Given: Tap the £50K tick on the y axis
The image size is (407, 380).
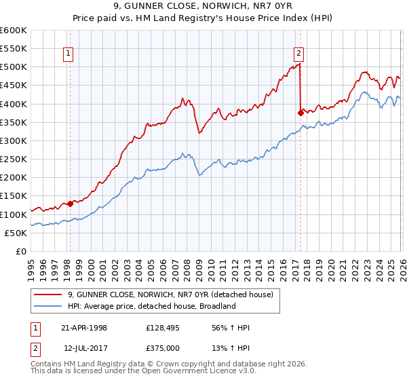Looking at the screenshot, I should tap(15, 233).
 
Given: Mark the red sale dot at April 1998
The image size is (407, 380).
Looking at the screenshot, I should tap(70, 203).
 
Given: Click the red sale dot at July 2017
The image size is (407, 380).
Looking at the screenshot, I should tap(301, 113).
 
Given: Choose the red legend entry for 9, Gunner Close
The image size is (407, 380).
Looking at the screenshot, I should tap(170, 294).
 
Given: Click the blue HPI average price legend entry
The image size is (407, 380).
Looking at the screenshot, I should tap(151, 306).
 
